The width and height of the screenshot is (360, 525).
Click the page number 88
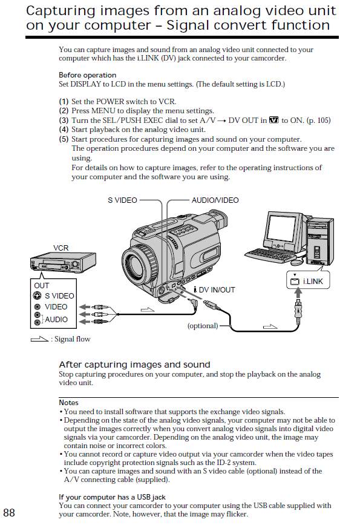pos(9,513)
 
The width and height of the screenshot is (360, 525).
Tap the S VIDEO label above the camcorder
pos(122,200)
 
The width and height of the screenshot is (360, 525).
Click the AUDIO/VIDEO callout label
pos(215,200)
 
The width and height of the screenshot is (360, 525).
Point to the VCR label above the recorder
pos(61,248)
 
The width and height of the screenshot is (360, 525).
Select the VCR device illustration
pos(64,262)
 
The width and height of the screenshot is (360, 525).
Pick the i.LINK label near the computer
pos(313,281)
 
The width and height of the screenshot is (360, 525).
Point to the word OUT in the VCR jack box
pos(42,286)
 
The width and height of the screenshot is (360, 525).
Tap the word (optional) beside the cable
pos(203,326)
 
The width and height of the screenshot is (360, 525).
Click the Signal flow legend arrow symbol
pos(39,339)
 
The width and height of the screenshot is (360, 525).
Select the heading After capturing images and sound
pos(134,365)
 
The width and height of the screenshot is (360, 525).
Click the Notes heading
pos(68,403)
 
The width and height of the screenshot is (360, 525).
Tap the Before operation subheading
pos(88,75)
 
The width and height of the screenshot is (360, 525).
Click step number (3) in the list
pos(64,121)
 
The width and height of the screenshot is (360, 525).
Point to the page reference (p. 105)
pos(318,121)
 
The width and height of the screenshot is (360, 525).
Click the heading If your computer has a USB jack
pos(112,497)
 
